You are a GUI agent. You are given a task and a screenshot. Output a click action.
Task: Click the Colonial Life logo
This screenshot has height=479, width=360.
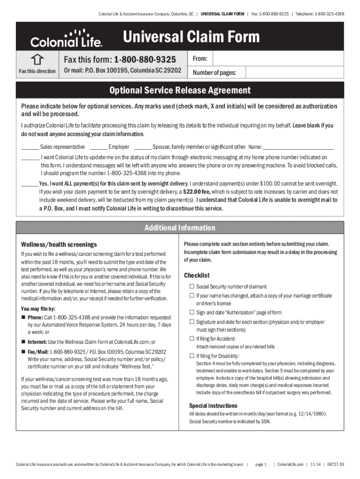coord(66,39)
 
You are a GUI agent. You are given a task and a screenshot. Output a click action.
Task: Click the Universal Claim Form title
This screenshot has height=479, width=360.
coord(191,37)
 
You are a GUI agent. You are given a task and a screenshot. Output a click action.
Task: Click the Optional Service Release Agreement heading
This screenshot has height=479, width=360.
coord(180,90)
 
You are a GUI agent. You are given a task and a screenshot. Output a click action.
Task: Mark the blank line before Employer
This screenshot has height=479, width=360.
coord(100,147)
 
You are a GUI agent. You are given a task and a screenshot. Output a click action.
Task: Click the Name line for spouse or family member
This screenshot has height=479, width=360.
coord(299,147)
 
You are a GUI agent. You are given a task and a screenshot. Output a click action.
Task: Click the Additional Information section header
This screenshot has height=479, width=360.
coord(180,228)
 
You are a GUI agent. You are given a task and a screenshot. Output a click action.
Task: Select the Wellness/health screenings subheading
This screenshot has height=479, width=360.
coord(59,244)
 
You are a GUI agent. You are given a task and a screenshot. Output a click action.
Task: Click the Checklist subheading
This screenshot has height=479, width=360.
coord(197,275)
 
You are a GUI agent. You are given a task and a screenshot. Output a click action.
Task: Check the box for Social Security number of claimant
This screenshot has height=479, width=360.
coord(191,286)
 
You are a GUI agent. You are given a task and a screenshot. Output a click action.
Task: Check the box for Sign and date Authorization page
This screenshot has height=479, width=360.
coord(191,312)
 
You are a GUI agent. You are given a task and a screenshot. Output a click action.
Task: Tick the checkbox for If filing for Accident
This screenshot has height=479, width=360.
coord(191,338)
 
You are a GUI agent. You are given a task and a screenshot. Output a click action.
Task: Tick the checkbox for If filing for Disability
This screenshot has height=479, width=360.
coord(191,356)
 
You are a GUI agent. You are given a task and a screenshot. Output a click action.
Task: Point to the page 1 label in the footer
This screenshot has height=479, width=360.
coord(261,464)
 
